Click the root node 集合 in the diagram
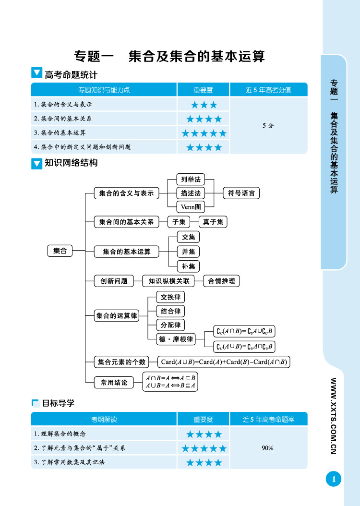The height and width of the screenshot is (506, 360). point(60,251)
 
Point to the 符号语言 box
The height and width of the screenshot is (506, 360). point(241,193)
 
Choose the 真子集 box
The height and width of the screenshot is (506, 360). point(213,222)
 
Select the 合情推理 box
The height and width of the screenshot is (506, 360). point(221,281)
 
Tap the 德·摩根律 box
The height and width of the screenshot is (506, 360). point(176,339)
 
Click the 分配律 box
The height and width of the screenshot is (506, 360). point(170,325)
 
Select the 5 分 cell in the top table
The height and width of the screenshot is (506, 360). point(268,126)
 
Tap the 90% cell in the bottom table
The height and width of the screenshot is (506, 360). point(268,448)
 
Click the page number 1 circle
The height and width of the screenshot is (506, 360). point(334,479)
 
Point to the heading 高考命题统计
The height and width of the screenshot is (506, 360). point(71,74)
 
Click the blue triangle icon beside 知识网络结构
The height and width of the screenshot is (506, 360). point(36,163)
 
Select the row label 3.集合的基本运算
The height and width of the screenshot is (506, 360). point(60,133)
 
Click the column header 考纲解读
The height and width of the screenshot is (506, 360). point(104,420)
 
